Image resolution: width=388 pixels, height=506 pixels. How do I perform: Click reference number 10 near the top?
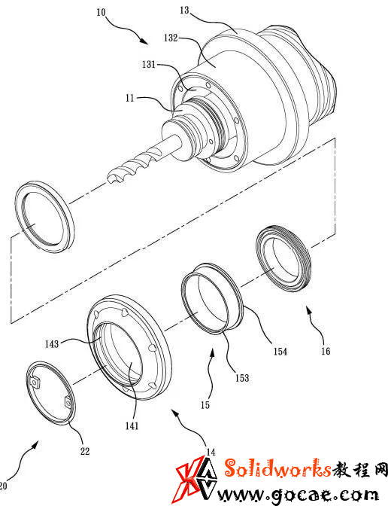[x=101, y=12]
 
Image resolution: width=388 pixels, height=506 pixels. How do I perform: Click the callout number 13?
[x=184, y=10]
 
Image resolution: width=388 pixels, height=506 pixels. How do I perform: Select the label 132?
[x=171, y=38]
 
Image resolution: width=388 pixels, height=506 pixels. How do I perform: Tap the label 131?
[x=149, y=64]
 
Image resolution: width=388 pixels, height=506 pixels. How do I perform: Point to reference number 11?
[x=130, y=98]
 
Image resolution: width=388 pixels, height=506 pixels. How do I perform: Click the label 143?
[x=52, y=344]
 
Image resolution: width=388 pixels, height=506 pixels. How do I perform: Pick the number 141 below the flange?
[x=132, y=426]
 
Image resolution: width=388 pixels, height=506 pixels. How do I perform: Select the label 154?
[x=280, y=352]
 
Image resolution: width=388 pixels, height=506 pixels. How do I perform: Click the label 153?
[x=242, y=378]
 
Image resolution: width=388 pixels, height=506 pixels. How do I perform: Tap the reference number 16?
[x=326, y=351]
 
